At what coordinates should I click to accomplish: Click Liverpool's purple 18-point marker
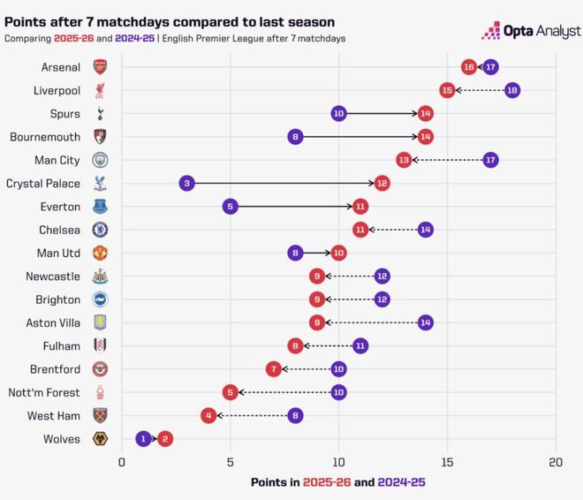[x=512, y=90]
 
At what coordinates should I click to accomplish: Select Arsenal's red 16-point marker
[x=469, y=67]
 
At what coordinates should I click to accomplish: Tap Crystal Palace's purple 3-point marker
[x=186, y=183]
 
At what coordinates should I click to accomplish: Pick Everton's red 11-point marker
[x=360, y=207]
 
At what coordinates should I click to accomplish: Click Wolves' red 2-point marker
[x=165, y=438]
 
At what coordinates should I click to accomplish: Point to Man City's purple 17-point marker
[x=490, y=160]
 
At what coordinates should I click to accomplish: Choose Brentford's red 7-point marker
[x=274, y=368]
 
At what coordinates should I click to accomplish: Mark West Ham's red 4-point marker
[x=208, y=415]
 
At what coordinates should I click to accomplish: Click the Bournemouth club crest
[x=100, y=137]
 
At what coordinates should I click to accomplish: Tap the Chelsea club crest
[x=100, y=230]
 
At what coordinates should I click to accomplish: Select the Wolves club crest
[x=100, y=439]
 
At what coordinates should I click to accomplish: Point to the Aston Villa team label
[x=51, y=322]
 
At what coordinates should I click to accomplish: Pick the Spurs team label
[x=65, y=114]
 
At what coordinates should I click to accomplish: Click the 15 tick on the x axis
[x=447, y=462]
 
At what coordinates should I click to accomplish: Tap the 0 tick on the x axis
[x=122, y=462]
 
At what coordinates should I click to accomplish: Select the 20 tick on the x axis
[x=556, y=462]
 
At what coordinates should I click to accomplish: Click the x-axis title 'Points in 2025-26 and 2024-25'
[x=338, y=482]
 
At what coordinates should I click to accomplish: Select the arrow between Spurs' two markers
[x=382, y=113]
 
